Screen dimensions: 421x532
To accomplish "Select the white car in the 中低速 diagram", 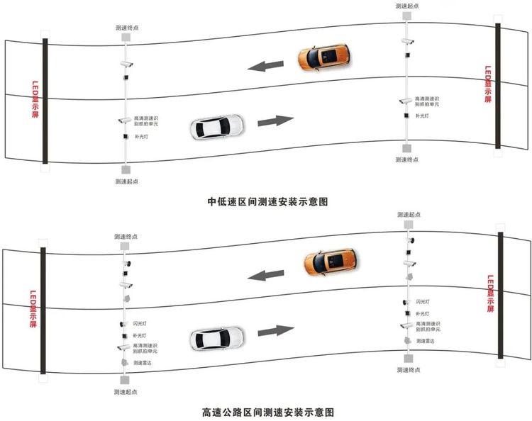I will coord(217,127).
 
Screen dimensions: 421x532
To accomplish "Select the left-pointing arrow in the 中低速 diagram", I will coord(265,67).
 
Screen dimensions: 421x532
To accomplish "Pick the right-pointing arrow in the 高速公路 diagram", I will coord(275,330).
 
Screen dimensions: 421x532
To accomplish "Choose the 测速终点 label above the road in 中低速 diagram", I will coord(126,28).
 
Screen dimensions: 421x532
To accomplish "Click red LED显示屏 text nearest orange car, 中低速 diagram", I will coord(487,85).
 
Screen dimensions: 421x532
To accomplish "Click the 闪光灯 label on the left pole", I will coord(140,323).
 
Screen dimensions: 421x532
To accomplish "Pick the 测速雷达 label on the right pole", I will coord(426,341).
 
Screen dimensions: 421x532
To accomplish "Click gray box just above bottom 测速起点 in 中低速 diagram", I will coord(126,170).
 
